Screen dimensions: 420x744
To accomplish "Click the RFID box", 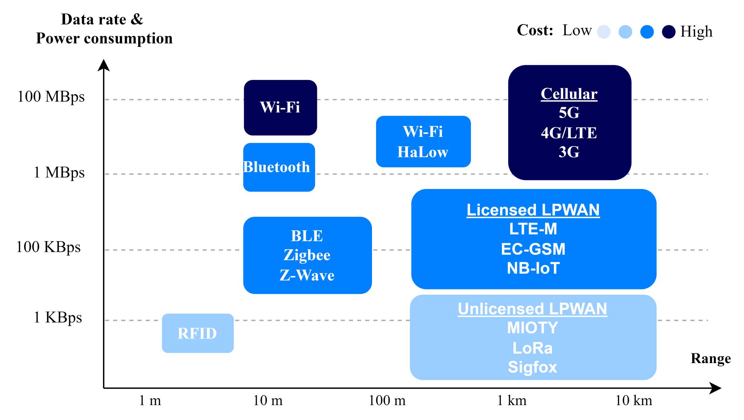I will (198, 333).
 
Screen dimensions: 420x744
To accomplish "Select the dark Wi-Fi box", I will (280, 108).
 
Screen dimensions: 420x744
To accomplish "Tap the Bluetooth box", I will (279, 167).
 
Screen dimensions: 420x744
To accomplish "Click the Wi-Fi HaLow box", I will (423, 142).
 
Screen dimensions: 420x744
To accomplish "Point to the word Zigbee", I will (307, 255).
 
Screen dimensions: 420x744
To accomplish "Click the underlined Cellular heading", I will (569, 94).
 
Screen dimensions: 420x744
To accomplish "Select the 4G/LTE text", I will (569, 133).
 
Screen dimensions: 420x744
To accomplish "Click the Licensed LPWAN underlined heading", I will (533, 210).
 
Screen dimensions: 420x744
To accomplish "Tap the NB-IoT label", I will (533, 268).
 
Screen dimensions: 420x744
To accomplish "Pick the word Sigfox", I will (532, 367).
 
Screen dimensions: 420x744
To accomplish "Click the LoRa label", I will (532, 348).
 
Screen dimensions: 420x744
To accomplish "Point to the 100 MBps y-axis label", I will (51, 97).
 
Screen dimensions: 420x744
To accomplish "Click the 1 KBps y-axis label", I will (58, 318).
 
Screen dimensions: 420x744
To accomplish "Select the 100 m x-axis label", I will (387, 401).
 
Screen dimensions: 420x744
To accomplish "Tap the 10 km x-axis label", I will (634, 401).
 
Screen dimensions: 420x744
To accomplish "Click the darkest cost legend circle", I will (668, 32).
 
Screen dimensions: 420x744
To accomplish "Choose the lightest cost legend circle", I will (603, 32).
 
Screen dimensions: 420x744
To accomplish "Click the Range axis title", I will (711, 358).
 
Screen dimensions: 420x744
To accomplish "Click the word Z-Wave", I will (307, 275).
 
